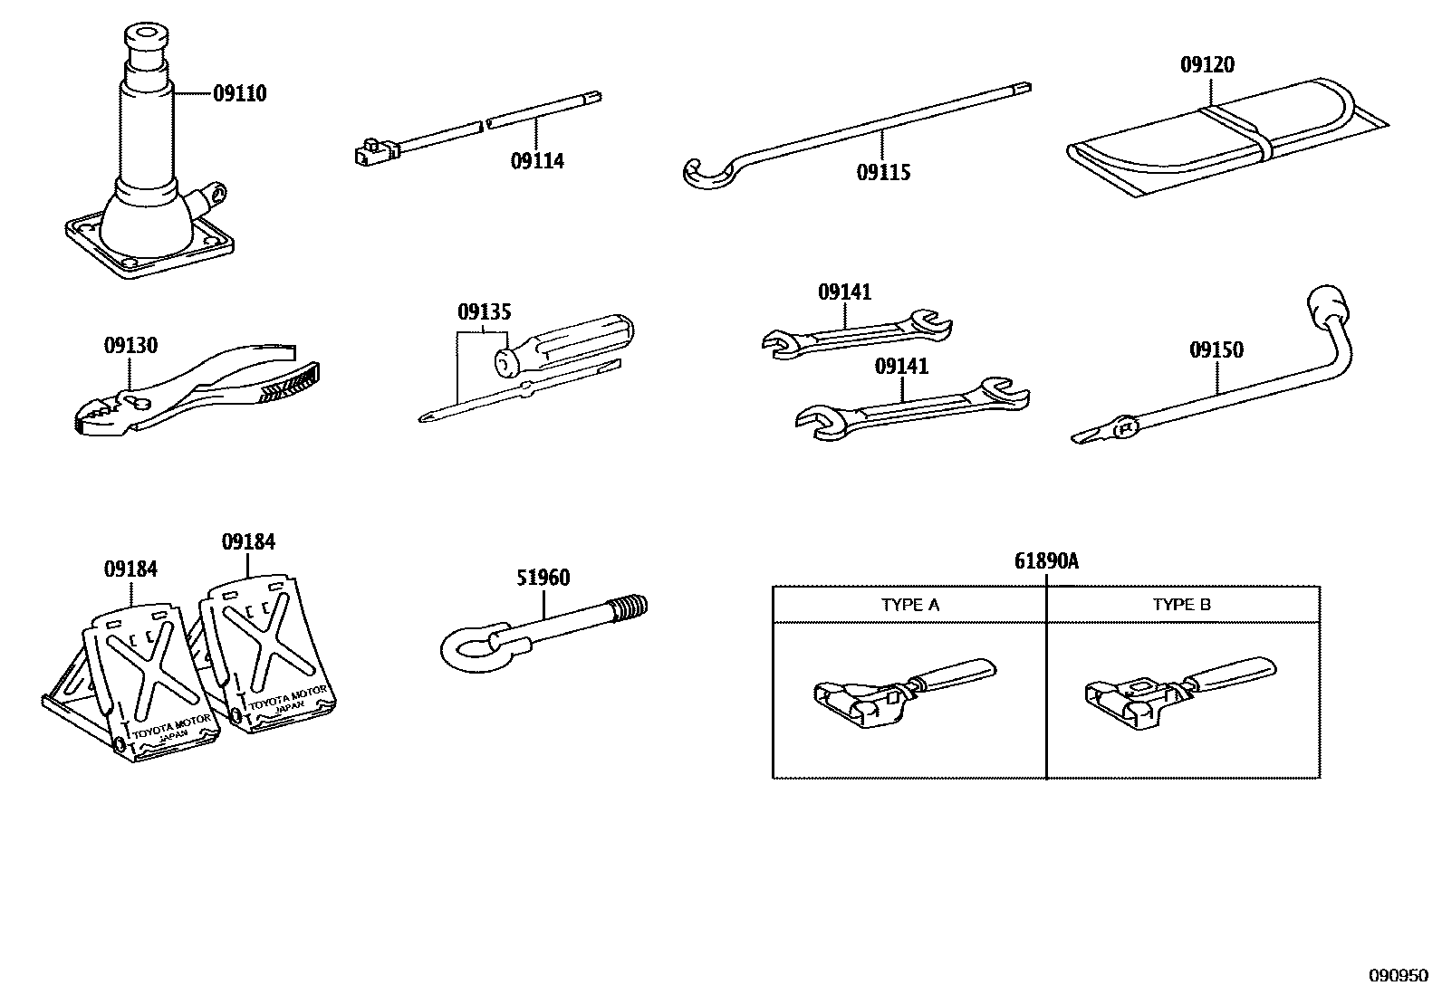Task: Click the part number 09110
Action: [x=240, y=93]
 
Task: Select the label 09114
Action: [x=537, y=161]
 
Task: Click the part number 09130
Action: [x=130, y=345]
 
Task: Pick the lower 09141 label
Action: [x=901, y=366]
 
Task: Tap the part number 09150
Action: [x=1216, y=349]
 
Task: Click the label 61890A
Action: [x=1046, y=561]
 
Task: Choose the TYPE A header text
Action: [x=910, y=605]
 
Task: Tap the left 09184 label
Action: [x=130, y=569]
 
